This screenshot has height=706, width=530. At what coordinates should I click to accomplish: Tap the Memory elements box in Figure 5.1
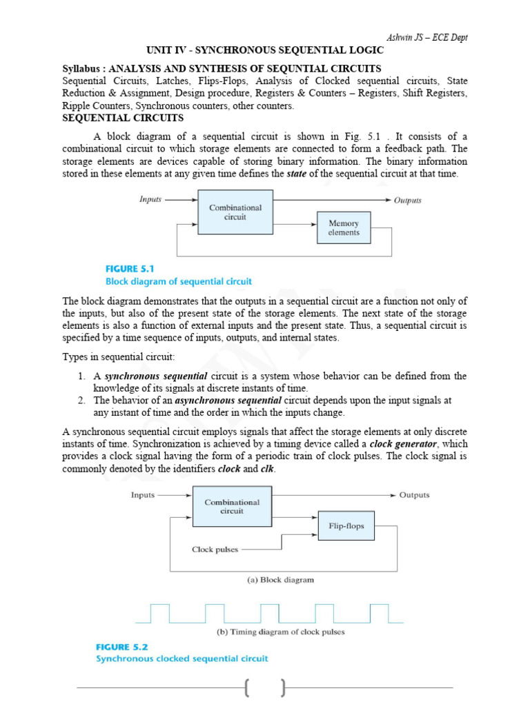tap(344, 228)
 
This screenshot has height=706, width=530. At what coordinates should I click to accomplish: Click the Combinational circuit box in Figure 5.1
tap(235, 212)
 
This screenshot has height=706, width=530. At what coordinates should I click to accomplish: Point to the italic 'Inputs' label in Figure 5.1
tap(150, 199)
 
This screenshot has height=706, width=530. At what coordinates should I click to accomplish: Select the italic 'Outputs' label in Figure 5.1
tap(407, 201)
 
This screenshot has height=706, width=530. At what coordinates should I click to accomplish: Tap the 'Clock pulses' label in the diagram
tap(215, 549)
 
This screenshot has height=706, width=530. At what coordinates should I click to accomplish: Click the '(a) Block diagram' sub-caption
tap(280, 580)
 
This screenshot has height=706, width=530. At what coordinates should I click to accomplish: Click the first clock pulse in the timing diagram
tap(160, 612)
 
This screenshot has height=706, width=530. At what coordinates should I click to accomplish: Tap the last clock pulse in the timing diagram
tap(379, 612)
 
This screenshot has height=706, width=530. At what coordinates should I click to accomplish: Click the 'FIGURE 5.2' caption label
tap(123, 647)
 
